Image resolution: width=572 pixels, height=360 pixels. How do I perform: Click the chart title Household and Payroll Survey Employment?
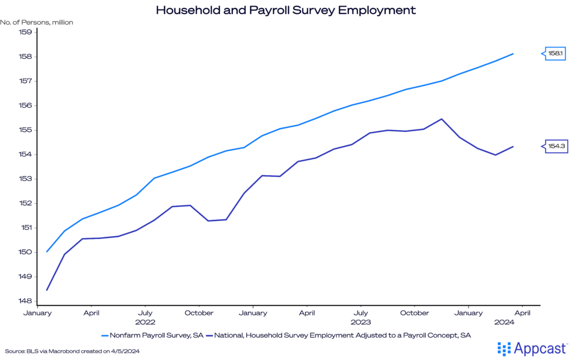tap(285, 10)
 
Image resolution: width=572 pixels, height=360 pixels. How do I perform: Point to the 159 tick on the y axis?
tap(26, 32)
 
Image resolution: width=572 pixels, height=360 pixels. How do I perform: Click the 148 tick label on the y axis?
tap(26, 301)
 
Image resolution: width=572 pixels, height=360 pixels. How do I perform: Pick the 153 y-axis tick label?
tap(26, 179)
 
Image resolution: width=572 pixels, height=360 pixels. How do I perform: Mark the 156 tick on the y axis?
tap(26, 105)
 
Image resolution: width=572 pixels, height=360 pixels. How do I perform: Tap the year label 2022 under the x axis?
tap(145, 322)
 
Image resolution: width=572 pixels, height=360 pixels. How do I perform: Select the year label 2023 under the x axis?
tap(361, 322)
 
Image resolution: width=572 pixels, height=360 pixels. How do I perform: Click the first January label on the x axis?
tap(37, 313)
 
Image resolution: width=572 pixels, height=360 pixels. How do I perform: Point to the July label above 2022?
tap(145, 313)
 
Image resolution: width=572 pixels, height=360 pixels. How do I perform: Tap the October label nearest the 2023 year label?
tap(414, 313)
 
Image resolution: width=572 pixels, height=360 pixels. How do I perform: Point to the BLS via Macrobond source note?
tap(71, 351)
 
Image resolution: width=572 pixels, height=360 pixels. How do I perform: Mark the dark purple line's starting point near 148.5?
tap(46, 290)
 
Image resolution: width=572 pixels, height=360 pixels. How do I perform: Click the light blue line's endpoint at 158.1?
tap(513, 54)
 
